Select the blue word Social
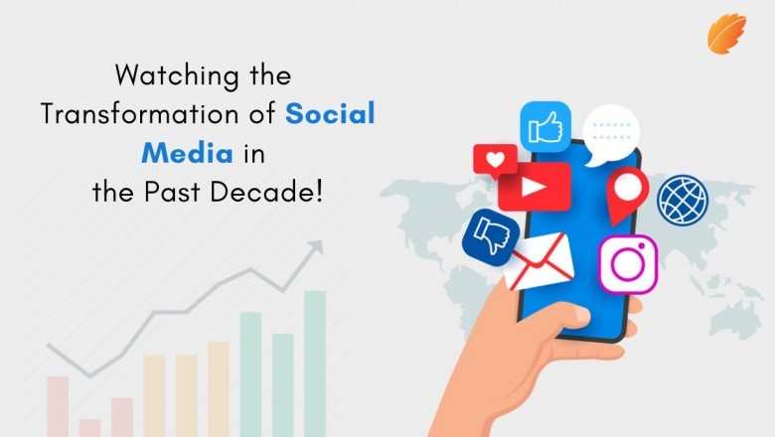tap(331, 113)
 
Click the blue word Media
tap(186, 152)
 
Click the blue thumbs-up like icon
tap(544, 126)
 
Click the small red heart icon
tap(494, 159)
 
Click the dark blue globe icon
tap(684, 199)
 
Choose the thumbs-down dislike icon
tap(490, 235)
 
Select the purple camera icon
tap(628, 263)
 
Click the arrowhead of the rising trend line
tap(317, 245)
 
